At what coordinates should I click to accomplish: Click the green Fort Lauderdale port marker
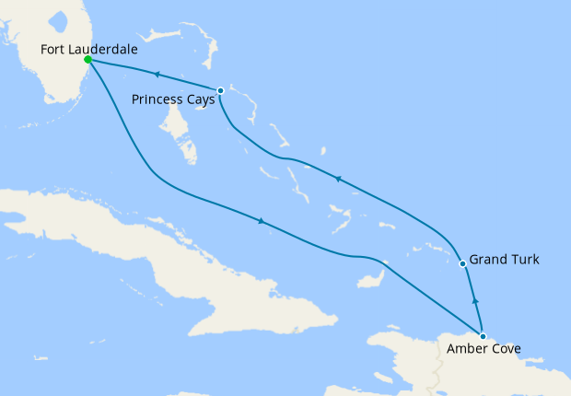pyautogui.click(x=87, y=59)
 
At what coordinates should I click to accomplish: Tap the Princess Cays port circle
pyautogui.click(x=220, y=90)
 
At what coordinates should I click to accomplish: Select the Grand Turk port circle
pyautogui.click(x=463, y=264)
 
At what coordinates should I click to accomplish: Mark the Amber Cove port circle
pyautogui.click(x=483, y=336)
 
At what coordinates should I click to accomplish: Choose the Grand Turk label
pyautogui.click(x=504, y=260)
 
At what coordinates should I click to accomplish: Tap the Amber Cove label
pyautogui.click(x=484, y=349)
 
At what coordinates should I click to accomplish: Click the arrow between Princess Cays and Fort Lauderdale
pyautogui.click(x=157, y=74)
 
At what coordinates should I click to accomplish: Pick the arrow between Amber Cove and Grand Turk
pyautogui.click(x=475, y=299)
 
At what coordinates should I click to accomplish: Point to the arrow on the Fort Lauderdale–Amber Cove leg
pyautogui.click(x=262, y=221)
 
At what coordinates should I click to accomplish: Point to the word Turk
pyautogui.click(x=523, y=260)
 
